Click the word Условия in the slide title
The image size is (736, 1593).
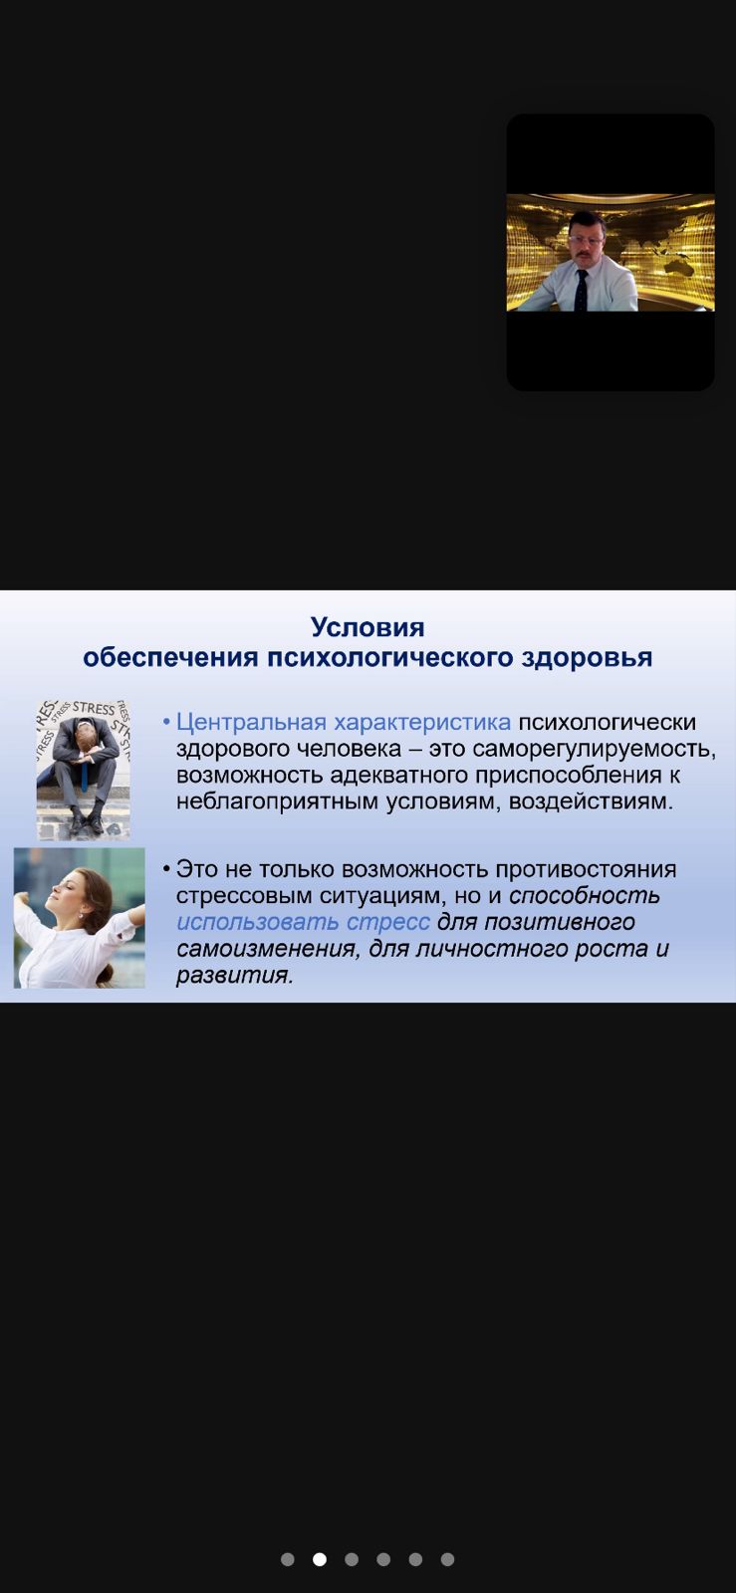point(368,627)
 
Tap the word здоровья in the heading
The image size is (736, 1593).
point(587,658)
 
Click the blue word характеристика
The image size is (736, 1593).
point(422,722)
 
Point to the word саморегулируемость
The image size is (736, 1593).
point(594,749)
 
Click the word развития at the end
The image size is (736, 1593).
point(235,975)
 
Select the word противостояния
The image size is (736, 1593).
point(586,869)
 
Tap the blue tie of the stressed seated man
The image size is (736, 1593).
point(84,775)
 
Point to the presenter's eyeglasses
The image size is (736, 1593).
point(585,240)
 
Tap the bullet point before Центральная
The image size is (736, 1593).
point(166,723)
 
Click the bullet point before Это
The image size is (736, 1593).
point(166,869)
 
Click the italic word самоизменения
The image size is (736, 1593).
point(267,949)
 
